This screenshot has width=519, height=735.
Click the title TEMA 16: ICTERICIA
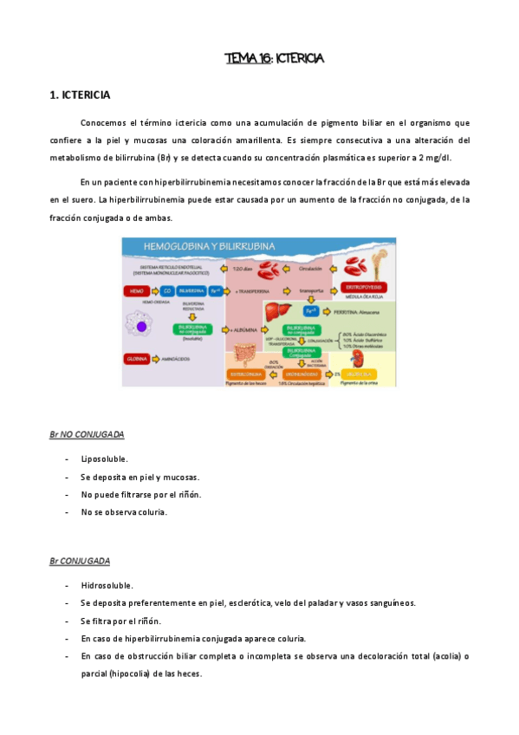click(x=274, y=59)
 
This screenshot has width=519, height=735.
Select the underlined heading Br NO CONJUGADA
click(x=87, y=433)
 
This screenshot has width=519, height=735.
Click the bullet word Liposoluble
click(x=104, y=459)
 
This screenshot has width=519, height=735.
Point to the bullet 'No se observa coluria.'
click(x=124, y=512)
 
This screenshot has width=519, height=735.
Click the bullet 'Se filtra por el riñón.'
click(x=120, y=621)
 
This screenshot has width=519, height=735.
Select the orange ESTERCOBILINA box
click(x=245, y=374)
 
